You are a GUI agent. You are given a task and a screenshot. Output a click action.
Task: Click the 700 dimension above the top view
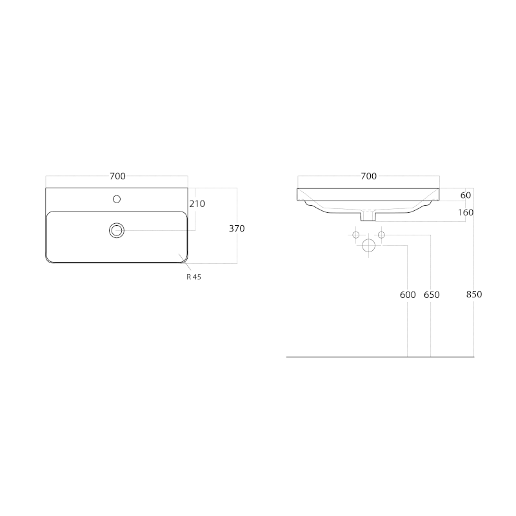coord(117,176)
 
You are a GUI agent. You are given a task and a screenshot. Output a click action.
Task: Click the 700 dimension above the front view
coord(368,176)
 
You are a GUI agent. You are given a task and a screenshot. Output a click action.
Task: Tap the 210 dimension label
coord(197,204)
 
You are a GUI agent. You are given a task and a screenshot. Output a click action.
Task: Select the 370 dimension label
coord(237,228)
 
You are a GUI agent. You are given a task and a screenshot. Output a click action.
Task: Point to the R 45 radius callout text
coord(194,277)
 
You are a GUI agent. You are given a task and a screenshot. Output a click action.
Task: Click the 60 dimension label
coord(466,195)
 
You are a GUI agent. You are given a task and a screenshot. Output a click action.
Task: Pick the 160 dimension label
coord(466,213)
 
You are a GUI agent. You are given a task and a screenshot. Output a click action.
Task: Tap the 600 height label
coord(408,295)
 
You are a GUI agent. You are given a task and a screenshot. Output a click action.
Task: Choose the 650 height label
coord(432,295)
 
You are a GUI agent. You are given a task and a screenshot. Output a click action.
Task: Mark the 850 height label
coord(474,295)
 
